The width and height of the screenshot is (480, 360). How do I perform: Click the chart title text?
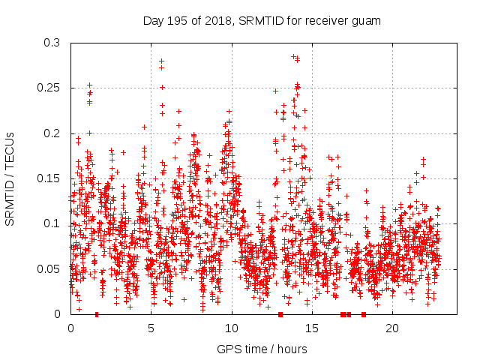tap(262, 21)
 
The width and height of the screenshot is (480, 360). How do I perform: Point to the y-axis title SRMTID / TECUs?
tap(10, 178)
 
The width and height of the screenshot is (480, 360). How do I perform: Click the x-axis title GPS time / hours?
tap(262, 349)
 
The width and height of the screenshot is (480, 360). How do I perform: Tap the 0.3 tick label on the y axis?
tap(52, 43)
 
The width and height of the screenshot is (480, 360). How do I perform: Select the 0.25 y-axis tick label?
tap(49, 88)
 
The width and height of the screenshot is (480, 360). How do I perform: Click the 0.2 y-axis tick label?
tap(52, 133)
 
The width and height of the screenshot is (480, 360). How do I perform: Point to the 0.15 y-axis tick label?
tap(49, 178)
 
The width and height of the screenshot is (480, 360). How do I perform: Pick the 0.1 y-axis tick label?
tap(52, 223)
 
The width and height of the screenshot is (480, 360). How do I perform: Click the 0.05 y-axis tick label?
tap(49, 268)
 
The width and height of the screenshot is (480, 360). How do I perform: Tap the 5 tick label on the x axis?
tap(151, 328)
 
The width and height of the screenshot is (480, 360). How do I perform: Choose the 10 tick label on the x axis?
tap(232, 328)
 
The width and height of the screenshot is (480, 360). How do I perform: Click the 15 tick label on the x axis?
tap(312, 328)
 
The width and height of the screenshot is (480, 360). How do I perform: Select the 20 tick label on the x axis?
tap(392, 328)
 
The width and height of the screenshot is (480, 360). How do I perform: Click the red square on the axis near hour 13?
tap(280, 314)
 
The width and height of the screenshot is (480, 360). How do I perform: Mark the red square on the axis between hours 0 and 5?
tap(97, 314)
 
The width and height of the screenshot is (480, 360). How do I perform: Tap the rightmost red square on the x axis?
tap(364, 314)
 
